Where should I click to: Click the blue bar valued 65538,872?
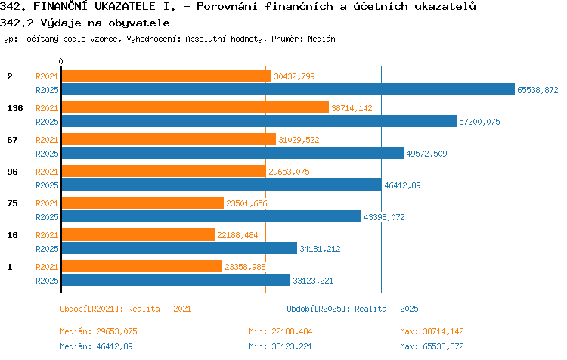tap(288, 89)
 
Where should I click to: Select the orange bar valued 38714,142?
tap(195, 107)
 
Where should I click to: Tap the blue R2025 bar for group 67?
tap(233, 153)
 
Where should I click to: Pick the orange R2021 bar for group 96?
tap(164, 171)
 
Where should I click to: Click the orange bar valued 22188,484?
tap(138, 234)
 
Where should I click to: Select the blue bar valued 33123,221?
tap(175, 280)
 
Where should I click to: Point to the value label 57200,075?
tap(479, 122)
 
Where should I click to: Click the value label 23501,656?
tap(246, 203)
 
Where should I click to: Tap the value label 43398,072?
tap(384, 217)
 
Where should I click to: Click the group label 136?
tap(15, 108)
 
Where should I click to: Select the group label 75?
tap(12, 203)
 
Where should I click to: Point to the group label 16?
tap(12, 235)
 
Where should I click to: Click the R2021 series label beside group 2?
tap(47, 76)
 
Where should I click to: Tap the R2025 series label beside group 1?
tap(47, 281)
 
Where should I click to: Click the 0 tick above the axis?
tap(60, 61)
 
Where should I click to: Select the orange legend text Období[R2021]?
tap(89, 309)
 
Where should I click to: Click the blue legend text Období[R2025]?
tap(316, 309)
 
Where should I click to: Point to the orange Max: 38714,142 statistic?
tap(432, 331)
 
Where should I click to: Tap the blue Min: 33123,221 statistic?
tap(280, 346)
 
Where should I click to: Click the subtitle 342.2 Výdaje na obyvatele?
tap(85, 23)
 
